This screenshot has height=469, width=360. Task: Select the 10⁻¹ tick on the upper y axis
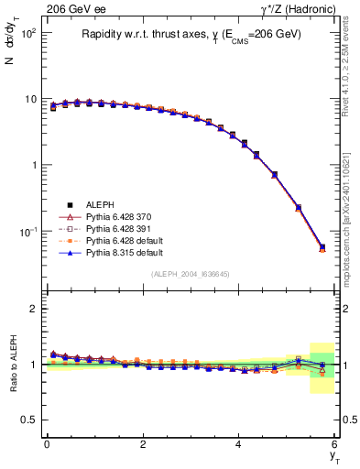pyautogui.click(x=27, y=232)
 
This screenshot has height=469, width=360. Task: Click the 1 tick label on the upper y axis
pyautogui.click(x=33, y=165)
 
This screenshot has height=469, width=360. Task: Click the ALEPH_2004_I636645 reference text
pyautogui.click(x=190, y=274)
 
